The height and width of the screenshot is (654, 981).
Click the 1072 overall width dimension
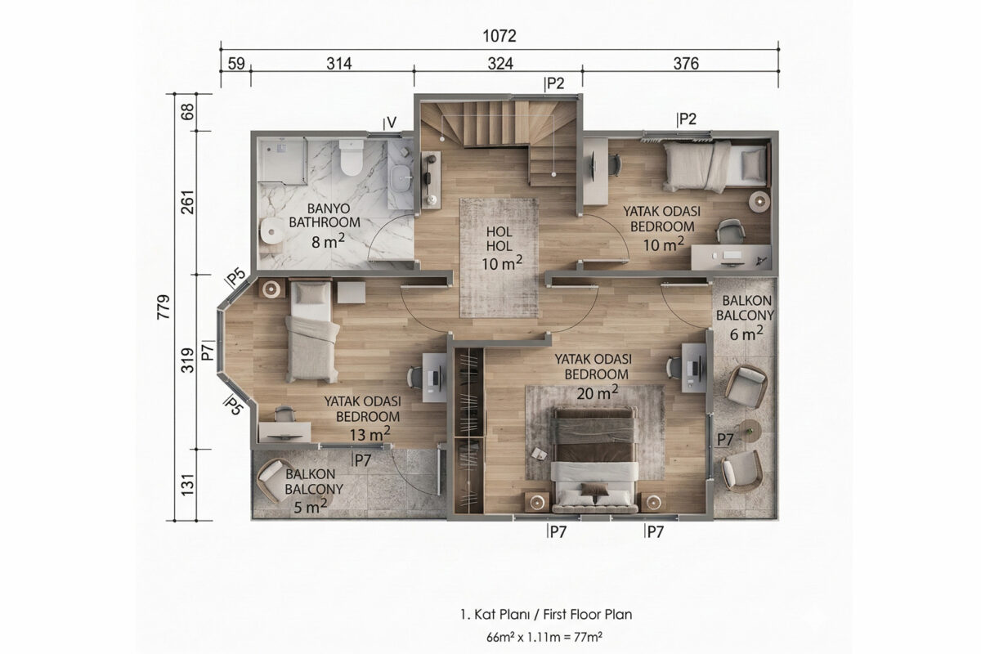pos(499,36)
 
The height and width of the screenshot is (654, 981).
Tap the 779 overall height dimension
pos(163,307)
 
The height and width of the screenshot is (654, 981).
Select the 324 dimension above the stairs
pos(500,64)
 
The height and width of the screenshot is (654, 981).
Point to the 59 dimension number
pos(236,64)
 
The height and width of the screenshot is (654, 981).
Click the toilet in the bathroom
pos(352,157)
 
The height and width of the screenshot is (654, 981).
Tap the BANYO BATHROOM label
pos(325,215)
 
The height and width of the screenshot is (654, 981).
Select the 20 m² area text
pos(598,393)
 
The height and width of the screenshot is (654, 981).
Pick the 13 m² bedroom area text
pos(370,434)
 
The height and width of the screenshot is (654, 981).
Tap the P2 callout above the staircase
pos(554,83)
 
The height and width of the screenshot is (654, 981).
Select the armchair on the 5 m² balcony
pos(273,480)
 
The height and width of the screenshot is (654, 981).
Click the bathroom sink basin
pos(401,179)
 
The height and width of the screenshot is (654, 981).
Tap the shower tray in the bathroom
pos(282,160)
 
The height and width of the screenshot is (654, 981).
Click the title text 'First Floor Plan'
pos(587,615)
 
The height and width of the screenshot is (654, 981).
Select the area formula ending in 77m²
pos(544,637)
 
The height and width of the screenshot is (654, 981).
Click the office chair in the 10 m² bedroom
pos(730,231)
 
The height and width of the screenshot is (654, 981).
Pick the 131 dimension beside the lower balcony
pos(187,485)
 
